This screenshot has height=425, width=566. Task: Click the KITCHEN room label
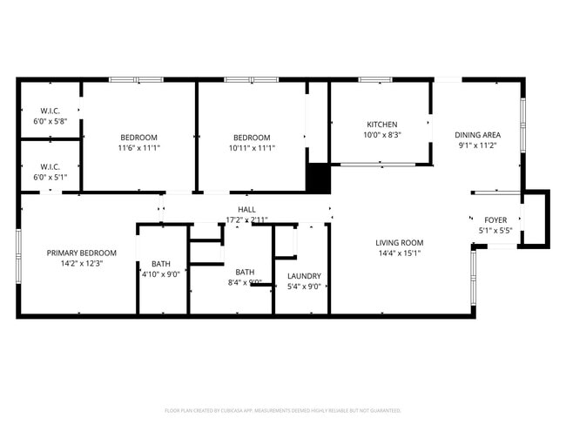click(x=381, y=125)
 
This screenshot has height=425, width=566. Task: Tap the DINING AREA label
click(x=478, y=135)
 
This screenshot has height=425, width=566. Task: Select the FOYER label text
click(x=495, y=220)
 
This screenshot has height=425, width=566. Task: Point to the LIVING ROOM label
click(x=399, y=243)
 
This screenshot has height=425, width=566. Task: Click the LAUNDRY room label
click(x=304, y=276)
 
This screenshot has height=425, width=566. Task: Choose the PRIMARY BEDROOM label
click(x=81, y=253)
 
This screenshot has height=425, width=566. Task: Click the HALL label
click(x=246, y=210)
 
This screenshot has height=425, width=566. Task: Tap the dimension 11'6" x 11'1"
click(x=138, y=148)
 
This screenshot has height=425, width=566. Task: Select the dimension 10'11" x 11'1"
click(x=251, y=148)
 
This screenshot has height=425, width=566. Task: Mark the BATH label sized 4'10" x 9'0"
click(x=161, y=264)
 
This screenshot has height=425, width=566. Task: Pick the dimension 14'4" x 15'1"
click(x=399, y=253)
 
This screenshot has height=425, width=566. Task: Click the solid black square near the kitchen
click(x=319, y=178)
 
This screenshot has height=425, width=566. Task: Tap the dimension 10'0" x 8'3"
click(x=381, y=135)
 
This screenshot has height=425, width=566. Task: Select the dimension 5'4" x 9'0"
click(x=304, y=287)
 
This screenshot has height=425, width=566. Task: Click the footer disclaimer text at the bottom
click(x=283, y=410)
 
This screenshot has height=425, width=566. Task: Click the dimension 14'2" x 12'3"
click(x=81, y=263)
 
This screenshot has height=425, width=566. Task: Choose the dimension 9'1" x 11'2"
click(x=478, y=145)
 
